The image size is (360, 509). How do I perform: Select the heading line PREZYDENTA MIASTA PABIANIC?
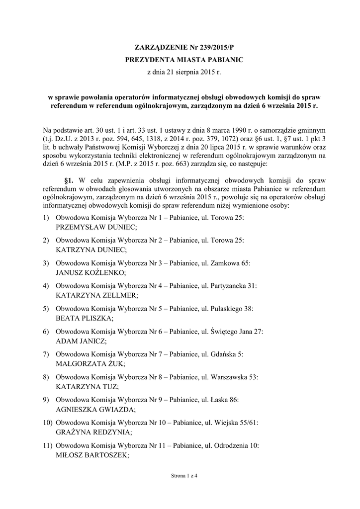[x=180, y=60]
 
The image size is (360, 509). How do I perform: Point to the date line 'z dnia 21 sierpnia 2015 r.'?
[x=180, y=73]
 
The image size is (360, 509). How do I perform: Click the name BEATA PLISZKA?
[x=84, y=318]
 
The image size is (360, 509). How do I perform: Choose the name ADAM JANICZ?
[x=81, y=340]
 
